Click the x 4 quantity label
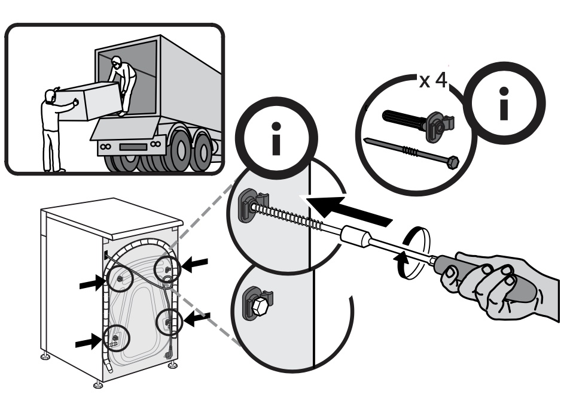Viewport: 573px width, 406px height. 434,81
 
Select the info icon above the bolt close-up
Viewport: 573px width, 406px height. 277,138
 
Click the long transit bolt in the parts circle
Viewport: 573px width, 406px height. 412,151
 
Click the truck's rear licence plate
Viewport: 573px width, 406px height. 133,147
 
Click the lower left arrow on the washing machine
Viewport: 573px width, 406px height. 89,343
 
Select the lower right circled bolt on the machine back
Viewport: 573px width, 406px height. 169,322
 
